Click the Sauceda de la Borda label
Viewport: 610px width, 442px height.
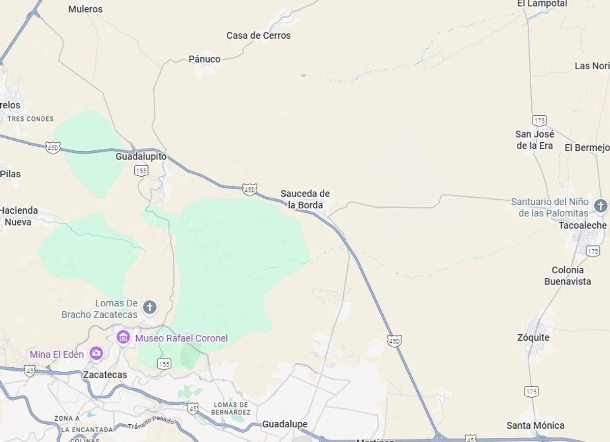305,199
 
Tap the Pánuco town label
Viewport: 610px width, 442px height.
204,59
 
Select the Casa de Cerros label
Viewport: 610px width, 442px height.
258,36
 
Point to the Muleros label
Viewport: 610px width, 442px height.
85,9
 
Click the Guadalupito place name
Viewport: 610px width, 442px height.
141,156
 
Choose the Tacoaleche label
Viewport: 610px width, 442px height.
583,225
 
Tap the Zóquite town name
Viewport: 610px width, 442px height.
533,337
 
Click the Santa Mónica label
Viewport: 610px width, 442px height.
535,425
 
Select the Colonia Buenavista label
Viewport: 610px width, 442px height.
568,275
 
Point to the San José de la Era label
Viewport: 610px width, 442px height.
534,140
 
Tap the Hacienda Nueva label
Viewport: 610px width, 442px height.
18,216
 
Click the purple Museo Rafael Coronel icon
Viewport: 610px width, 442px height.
123,337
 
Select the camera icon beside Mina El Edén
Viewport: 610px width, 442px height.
96,353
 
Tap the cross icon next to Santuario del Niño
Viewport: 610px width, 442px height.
601,206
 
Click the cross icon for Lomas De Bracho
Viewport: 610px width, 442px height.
149,307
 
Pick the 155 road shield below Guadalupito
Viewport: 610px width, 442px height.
141,171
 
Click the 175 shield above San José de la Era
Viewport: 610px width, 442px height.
539,120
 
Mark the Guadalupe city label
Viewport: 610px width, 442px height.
285,424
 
